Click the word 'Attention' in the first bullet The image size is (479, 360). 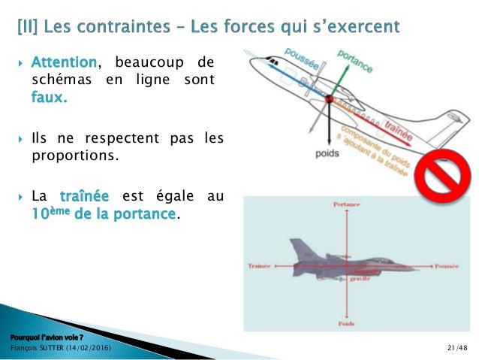(x=65, y=62)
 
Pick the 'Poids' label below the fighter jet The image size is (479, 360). (x=346, y=323)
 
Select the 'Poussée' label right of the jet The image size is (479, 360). (x=447, y=266)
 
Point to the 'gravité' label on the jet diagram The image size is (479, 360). (x=359, y=278)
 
